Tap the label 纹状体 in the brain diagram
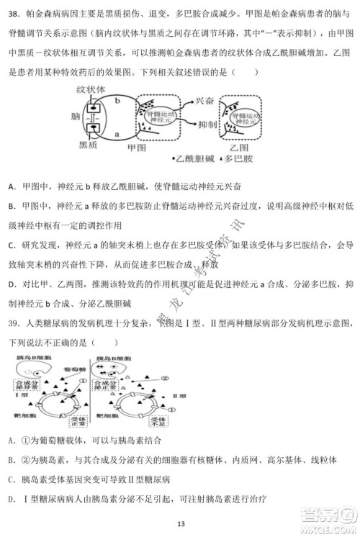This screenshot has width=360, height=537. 91,89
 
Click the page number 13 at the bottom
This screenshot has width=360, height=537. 180,524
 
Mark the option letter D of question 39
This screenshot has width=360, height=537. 12,498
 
